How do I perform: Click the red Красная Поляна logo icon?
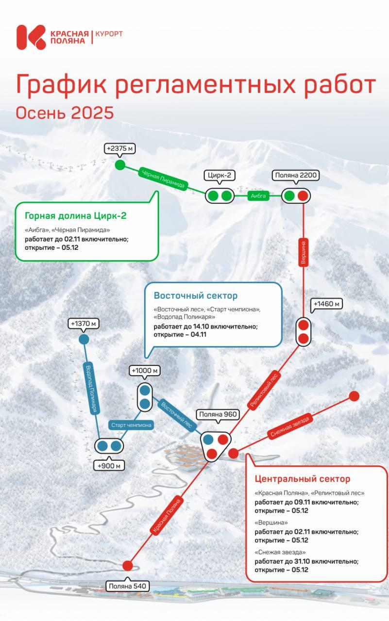click(31, 37)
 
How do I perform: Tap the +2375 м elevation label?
click(120, 148)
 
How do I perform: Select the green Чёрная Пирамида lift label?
click(163, 178)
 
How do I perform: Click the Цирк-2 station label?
click(219, 175)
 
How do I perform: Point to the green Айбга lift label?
click(258, 196)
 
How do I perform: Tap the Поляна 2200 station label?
click(296, 175)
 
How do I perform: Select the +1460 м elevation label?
click(326, 304)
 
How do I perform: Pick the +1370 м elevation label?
click(83, 324)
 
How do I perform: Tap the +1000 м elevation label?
click(145, 371)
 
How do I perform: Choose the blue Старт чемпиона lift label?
click(131, 425)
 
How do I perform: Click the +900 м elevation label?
click(109, 466)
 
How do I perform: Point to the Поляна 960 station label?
click(218, 414)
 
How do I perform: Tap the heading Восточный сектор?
click(196, 296)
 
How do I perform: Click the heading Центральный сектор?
click(303, 479)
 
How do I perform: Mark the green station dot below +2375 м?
click(120, 165)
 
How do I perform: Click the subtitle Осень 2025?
click(65, 113)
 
